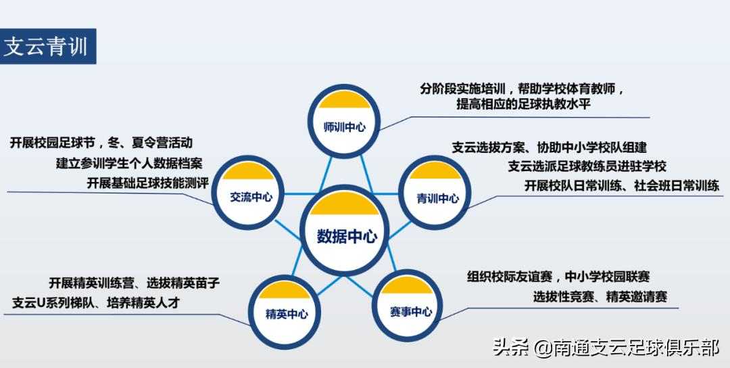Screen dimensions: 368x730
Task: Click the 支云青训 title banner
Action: (x=47, y=46)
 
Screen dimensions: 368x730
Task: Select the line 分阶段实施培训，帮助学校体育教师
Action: (x=522, y=89)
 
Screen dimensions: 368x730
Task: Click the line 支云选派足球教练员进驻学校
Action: (x=587, y=166)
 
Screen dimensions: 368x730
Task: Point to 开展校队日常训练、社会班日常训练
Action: (x=622, y=185)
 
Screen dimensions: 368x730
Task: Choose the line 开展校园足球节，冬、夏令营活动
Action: (x=101, y=143)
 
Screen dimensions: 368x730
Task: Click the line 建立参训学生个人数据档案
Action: (x=128, y=163)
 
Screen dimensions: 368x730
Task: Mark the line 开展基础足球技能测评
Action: (x=147, y=183)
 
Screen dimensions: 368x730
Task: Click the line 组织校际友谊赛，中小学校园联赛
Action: (x=558, y=276)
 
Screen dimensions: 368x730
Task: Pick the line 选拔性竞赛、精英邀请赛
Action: (x=600, y=296)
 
